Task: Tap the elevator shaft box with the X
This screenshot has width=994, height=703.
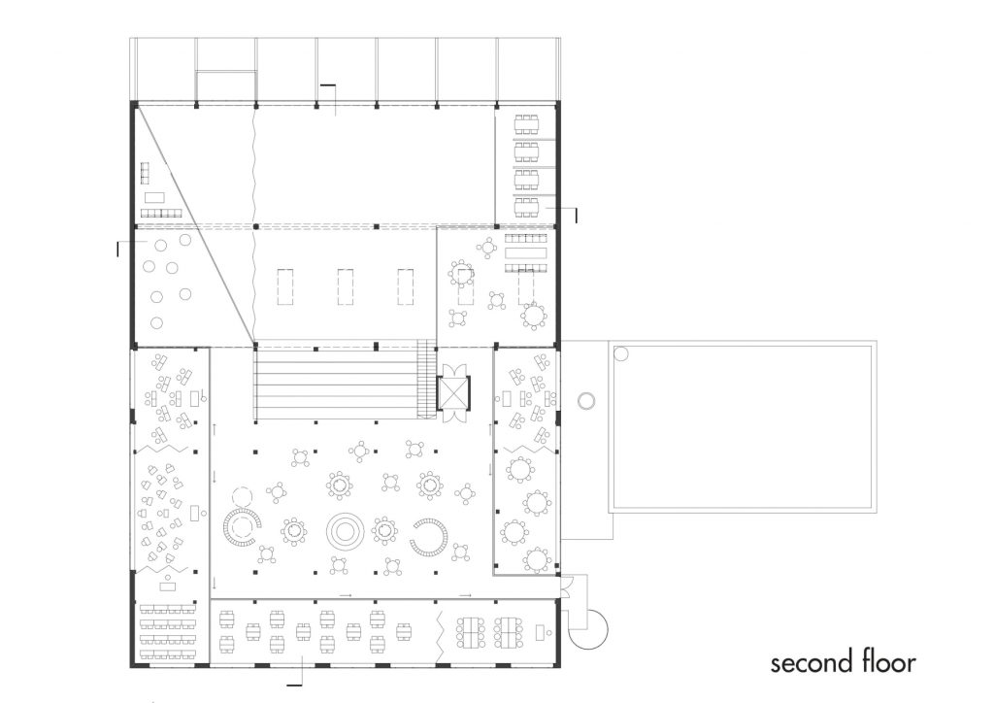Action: tap(454, 391)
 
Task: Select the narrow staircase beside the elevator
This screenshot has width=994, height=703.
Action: tap(426, 379)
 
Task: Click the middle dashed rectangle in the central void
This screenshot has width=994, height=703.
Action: tap(346, 287)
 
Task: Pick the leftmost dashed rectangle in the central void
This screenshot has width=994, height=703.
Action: tap(285, 287)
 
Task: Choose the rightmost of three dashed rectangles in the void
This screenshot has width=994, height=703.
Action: tap(406, 287)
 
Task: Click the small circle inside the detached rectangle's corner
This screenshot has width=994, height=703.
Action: tap(621, 353)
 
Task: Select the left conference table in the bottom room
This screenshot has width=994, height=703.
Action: tap(470, 633)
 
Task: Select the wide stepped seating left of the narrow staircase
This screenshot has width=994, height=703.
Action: tap(336, 383)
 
